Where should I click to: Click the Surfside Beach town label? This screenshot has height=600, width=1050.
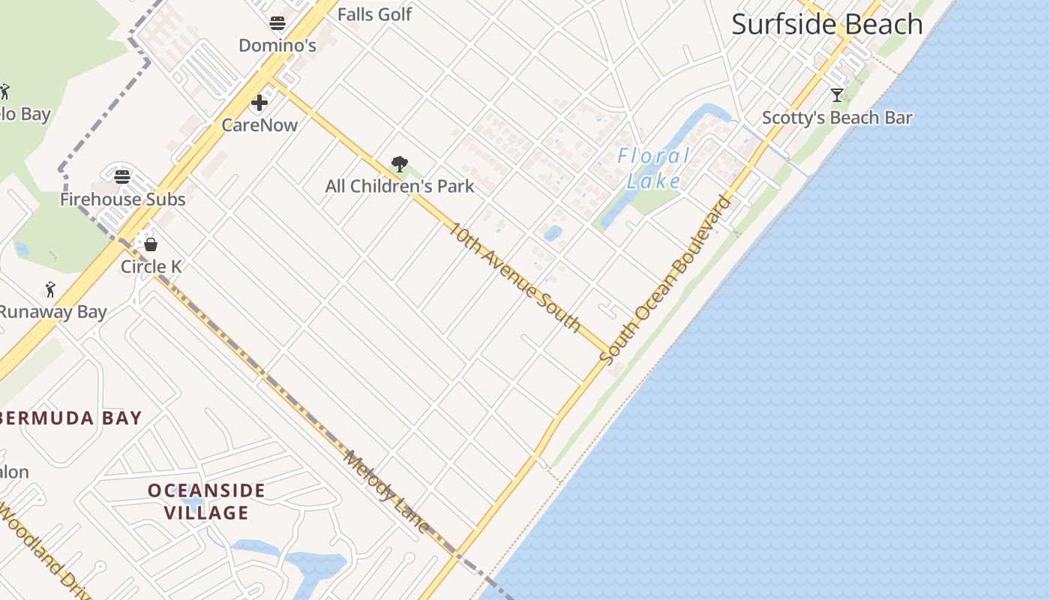point(826,24)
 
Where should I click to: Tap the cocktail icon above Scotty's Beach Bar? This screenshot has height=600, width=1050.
point(837,95)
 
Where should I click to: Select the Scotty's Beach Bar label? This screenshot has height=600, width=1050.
point(837,118)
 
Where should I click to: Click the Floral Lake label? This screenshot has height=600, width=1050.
point(653,168)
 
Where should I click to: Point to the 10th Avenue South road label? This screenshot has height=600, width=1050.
point(514,277)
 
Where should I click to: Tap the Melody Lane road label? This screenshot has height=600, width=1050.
point(387,491)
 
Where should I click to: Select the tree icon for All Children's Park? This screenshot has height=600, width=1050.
point(400,164)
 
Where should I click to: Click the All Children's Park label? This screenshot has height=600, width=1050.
point(400,186)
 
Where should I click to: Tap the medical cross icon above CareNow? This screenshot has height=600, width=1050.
point(259,103)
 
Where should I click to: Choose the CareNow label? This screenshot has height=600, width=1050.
point(259,124)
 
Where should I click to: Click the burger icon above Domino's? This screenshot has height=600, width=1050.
point(277,23)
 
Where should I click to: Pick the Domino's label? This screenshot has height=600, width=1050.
point(277,46)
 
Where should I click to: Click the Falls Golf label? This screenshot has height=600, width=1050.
point(374,14)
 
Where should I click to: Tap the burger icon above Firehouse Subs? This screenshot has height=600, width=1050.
point(122,177)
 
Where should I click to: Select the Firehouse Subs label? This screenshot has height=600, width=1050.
point(122,199)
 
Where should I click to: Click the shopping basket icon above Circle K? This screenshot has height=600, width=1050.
point(151,244)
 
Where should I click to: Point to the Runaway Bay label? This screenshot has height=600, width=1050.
point(52,312)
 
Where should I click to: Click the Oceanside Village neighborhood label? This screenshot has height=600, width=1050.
point(206,502)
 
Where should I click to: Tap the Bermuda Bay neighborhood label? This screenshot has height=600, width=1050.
point(71,418)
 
